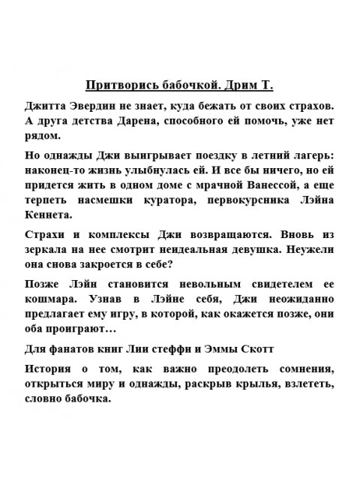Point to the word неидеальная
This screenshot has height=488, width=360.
tap(184, 251)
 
